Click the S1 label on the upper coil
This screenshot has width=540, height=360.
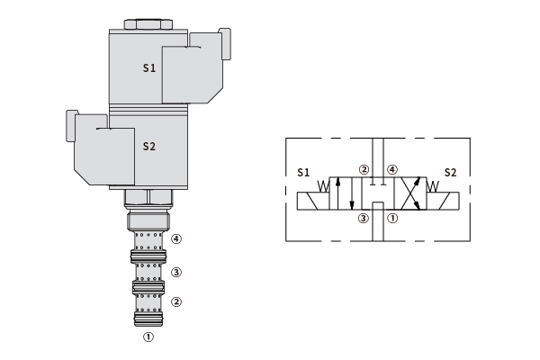click(149, 67)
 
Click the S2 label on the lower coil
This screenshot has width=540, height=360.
click(149, 147)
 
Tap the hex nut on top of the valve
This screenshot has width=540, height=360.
click(148, 24)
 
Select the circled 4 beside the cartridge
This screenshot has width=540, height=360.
click(176, 238)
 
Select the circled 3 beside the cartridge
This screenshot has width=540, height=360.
click(176, 272)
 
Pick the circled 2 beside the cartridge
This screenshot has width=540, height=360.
click(176, 302)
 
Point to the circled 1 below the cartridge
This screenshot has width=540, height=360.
click(148, 337)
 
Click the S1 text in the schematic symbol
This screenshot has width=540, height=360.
click(303, 172)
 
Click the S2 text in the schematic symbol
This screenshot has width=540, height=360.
click(450, 172)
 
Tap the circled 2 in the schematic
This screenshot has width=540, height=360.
click(364, 169)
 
